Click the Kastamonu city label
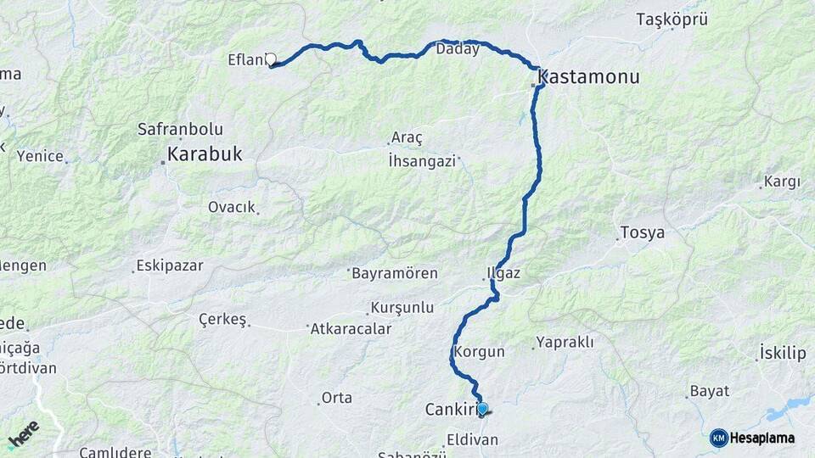pyautogui.click(x=588, y=78)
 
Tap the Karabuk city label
pyautogui.click(x=205, y=154)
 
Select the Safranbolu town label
pyautogui.click(x=180, y=130)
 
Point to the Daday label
pyautogui.click(x=458, y=49)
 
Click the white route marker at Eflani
pyautogui.click(x=271, y=59)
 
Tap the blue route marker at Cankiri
pyautogui.click(x=482, y=409)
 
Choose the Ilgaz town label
pyautogui.click(x=503, y=274)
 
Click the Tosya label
pyautogui.click(x=642, y=232)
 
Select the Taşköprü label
pyautogui.click(x=672, y=20)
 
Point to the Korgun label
pyautogui.click(x=480, y=351)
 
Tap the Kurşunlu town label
pyautogui.click(x=402, y=308)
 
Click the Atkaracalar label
pyautogui.click(x=351, y=328)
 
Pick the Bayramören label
pyautogui.click(x=395, y=273)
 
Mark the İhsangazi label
pyautogui.click(x=422, y=160)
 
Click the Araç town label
pyautogui.click(x=407, y=137)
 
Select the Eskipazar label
pyautogui.click(x=171, y=265)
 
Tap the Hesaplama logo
pyautogui.click(x=753, y=438)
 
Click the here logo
pyautogui.click(x=23, y=433)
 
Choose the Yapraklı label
pyautogui.click(x=566, y=343)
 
